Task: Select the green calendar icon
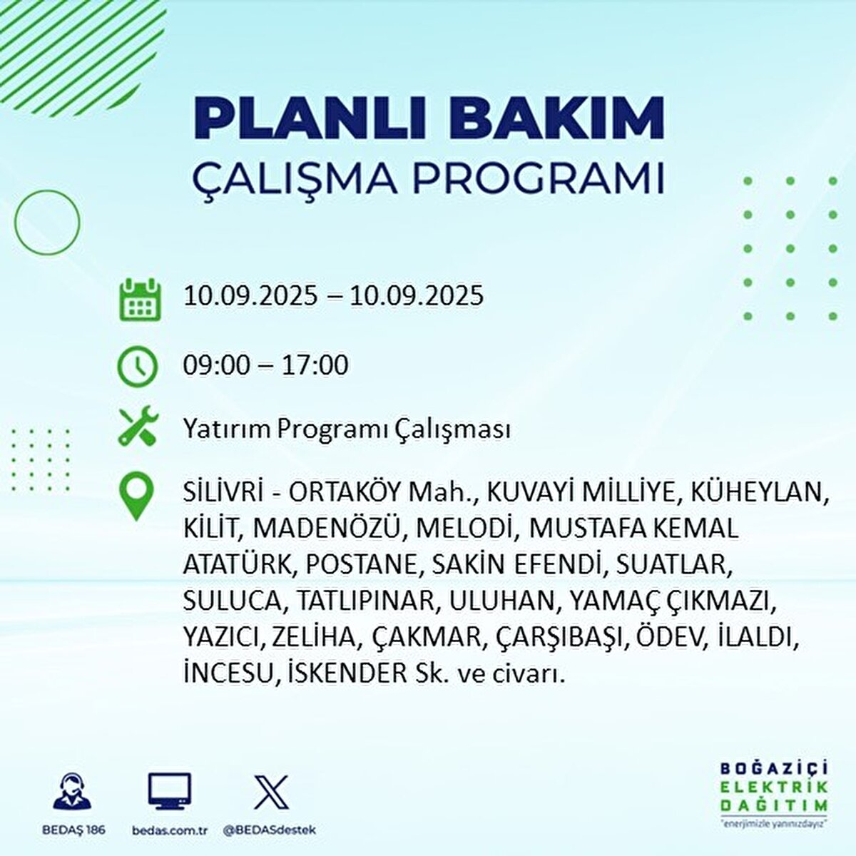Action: (x=140, y=300)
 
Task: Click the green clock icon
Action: (x=137, y=367)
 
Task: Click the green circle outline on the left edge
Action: (x=15, y=222)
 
